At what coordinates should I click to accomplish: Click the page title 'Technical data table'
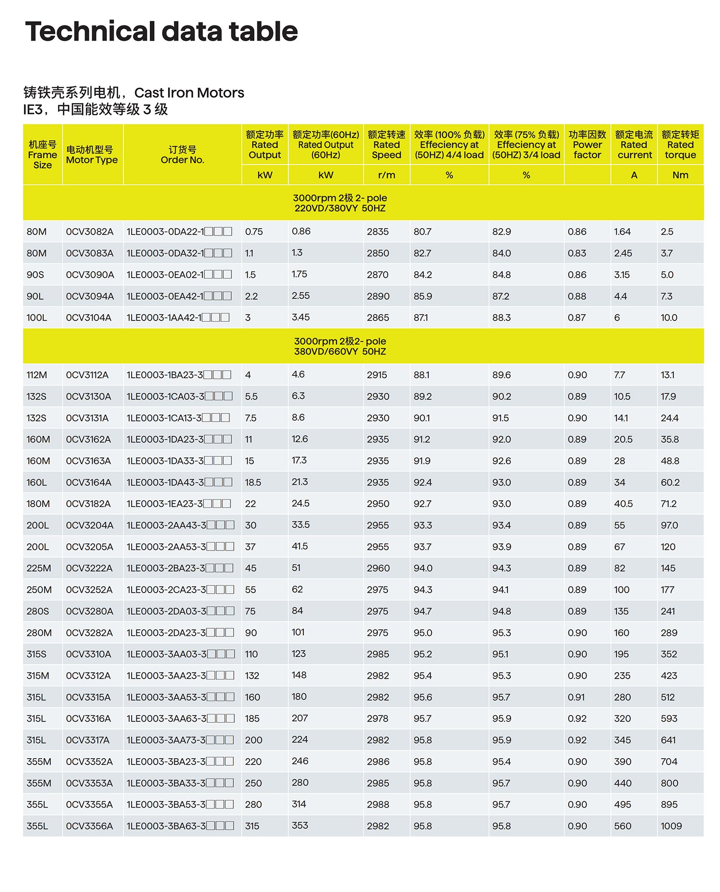point(161,32)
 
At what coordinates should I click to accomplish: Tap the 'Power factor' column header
point(587,145)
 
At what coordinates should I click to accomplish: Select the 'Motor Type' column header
point(92,155)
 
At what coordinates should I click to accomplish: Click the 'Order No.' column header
point(182,155)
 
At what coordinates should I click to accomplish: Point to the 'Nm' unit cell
point(680,175)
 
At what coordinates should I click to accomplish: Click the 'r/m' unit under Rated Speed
point(386,175)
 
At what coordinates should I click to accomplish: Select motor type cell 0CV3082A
point(90,232)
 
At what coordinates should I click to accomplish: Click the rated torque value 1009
point(671,826)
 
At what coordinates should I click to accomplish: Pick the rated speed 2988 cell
point(378,804)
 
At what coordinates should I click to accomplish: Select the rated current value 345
point(622,740)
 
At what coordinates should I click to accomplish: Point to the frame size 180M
point(38,504)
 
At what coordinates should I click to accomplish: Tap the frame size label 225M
point(39,568)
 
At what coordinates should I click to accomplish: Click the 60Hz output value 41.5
point(300,546)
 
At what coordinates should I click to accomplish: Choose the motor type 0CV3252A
point(89,590)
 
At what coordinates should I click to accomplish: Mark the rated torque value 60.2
point(670,482)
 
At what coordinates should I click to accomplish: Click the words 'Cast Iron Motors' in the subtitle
point(189,93)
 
